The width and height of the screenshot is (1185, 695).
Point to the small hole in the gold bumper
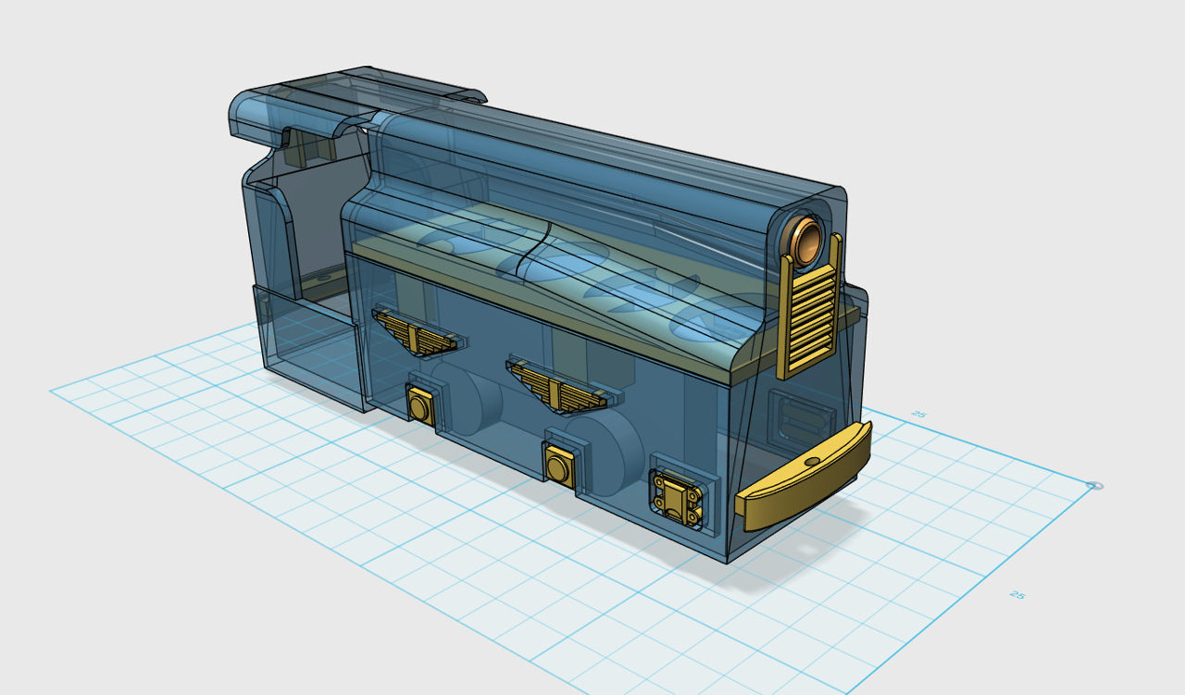pos(813,463)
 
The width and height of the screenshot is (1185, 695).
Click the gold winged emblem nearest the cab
pos(416,331)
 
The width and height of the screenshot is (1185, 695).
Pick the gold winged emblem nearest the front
pos(556,385)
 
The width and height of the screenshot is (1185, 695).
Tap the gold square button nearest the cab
pos(419,406)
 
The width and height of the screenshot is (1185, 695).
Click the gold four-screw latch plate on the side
pos(677,499)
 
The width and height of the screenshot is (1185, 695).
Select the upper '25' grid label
pos(918,415)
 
